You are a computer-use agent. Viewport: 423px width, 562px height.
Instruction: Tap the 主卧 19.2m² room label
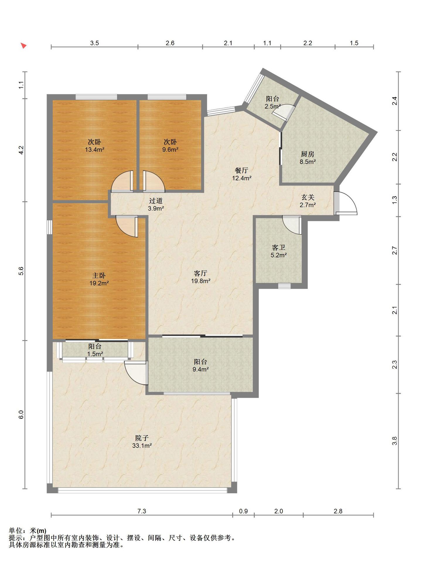pyautogui.click(x=99, y=279)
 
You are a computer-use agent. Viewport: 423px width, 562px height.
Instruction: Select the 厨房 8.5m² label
pyautogui.click(x=308, y=157)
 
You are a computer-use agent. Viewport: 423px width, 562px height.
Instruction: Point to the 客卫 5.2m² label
pyautogui.click(x=279, y=251)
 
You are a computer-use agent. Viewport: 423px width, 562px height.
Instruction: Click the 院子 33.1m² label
pyautogui.click(x=142, y=442)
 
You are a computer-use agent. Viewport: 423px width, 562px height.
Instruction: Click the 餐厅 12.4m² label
pyautogui.click(x=242, y=174)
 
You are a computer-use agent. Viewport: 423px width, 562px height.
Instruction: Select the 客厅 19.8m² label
pyautogui.click(x=201, y=277)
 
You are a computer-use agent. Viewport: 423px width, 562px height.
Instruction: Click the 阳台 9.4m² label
pyautogui.click(x=201, y=365)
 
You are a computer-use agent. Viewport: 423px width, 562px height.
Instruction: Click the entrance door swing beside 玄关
pyautogui.click(x=346, y=203)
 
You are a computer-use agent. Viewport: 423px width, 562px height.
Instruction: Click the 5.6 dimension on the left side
pyautogui.click(x=21, y=271)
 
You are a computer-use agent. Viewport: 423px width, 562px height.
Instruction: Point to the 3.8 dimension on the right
pyautogui.click(x=395, y=441)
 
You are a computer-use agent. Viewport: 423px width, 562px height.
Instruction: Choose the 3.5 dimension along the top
pyautogui.click(x=94, y=43)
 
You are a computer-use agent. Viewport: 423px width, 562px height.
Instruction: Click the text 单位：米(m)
pyautogui.click(x=28, y=530)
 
